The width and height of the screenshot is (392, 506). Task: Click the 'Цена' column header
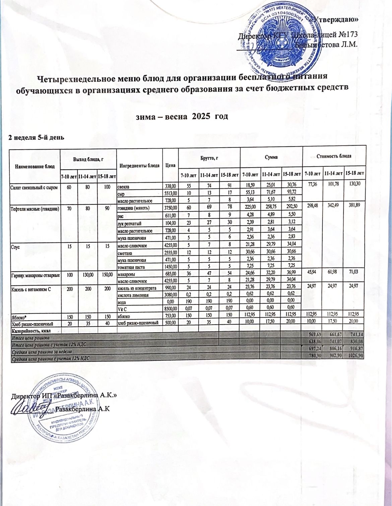click(171, 165)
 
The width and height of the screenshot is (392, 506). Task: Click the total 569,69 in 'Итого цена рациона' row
click(312, 337)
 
